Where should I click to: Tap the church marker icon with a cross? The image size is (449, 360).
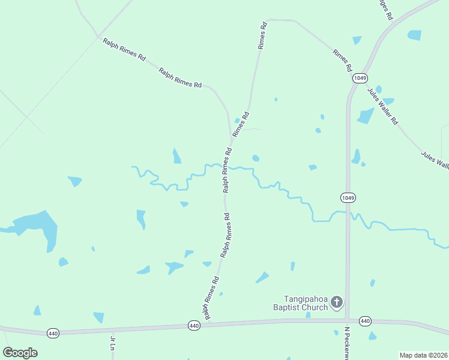(x=337, y=302)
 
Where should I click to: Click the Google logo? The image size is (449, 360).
(x=20, y=353)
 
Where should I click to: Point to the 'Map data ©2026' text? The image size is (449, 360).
(x=423, y=355)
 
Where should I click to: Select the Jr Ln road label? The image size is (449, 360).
(x=112, y=343)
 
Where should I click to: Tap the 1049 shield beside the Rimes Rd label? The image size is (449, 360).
(x=360, y=78)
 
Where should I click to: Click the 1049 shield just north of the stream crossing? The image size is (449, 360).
(x=348, y=197)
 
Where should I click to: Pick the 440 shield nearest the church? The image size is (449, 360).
(x=366, y=321)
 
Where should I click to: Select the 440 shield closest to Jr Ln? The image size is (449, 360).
(x=53, y=332)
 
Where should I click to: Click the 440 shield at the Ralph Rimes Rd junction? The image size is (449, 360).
(x=193, y=326)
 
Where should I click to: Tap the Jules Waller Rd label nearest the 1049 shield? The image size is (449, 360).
(x=382, y=106)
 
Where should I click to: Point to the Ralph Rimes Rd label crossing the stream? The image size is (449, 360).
(x=227, y=170)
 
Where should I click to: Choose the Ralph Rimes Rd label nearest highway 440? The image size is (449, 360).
(x=210, y=298)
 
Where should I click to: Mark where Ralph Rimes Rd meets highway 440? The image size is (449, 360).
(x=207, y=324)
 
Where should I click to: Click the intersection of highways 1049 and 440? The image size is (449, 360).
(x=348, y=320)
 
